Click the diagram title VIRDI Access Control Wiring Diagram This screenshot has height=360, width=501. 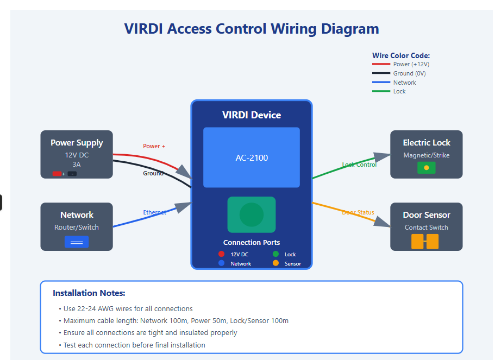coord(252,29)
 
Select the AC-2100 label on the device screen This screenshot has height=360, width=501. coord(252,158)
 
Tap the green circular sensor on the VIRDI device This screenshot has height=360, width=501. coord(252,214)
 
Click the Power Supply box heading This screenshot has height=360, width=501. coord(77,143)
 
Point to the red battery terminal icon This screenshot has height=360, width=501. coord(57,174)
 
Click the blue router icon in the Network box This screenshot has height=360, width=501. coord(77,242)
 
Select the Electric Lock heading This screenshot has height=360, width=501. coord(427,143)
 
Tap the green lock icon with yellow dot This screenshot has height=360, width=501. coord(426,168)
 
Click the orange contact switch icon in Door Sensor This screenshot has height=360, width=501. coord(425,242)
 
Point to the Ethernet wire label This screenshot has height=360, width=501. coord(154,212)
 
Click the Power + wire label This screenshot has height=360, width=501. coord(154,146)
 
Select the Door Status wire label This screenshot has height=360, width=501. coord(358,212)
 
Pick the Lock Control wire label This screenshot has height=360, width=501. coord(359,165)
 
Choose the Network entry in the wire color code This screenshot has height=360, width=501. coord(404,83)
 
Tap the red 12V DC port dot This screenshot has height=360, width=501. coord(221,254)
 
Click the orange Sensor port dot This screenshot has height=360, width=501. coord(275,263)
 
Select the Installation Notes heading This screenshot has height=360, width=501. coord(89,293)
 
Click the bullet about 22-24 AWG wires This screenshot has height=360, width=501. coord(128,308)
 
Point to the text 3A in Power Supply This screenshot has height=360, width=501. coord(77,164)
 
